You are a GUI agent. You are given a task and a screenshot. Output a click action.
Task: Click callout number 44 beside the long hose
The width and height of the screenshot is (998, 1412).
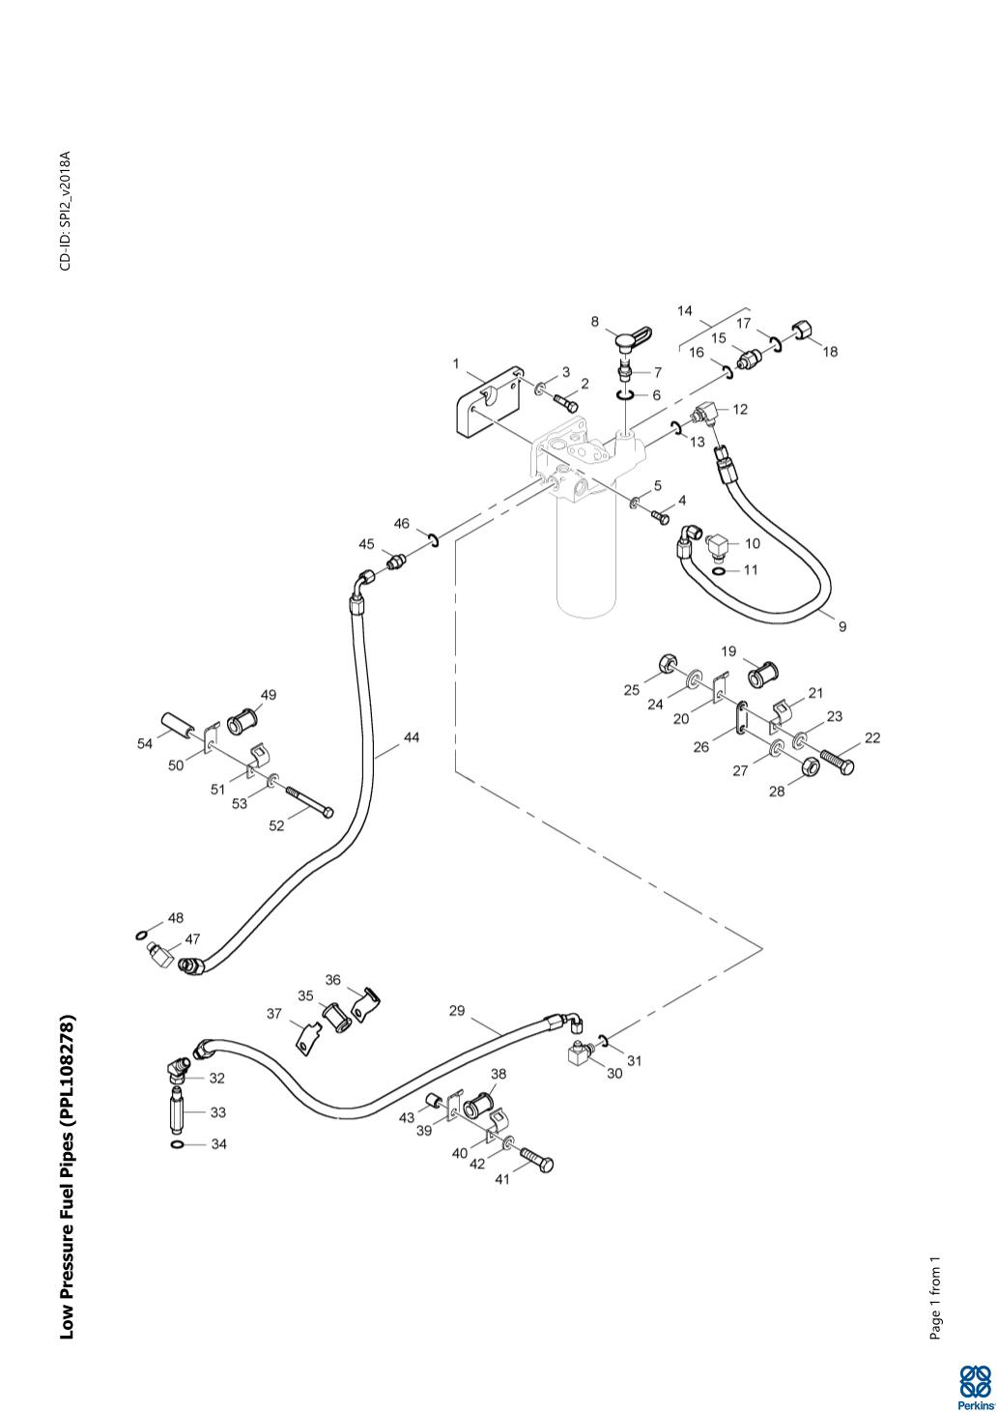pyautogui.click(x=411, y=737)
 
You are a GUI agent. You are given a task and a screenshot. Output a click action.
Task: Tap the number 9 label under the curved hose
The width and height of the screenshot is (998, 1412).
pyautogui.click(x=841, y=626)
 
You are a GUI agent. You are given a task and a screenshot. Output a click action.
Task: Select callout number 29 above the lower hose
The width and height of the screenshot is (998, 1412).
pyautogui.click(x=457, y=1011)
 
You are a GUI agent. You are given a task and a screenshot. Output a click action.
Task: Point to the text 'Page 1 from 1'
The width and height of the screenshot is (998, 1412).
pyautogui.click(x=934, y=1298)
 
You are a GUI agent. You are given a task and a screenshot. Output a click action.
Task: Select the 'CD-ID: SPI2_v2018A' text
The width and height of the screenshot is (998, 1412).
pyautogui.click(x=66, y=211)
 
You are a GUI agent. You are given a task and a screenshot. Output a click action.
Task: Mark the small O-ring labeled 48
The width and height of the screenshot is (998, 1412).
pyautogui.click(x=143, y=935)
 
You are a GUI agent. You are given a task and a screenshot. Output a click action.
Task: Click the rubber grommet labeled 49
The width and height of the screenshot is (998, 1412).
pyautogui.click(x=242, y=721)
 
